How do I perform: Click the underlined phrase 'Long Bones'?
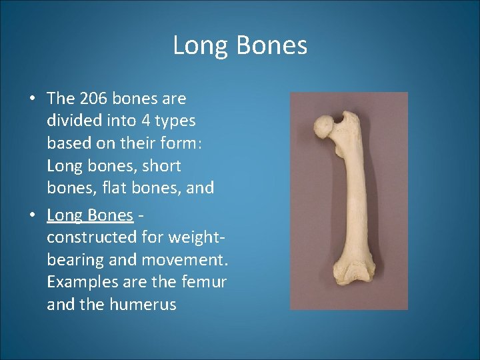pos(90,215)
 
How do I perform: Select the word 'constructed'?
pos(91,237)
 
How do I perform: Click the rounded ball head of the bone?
pos(323,127)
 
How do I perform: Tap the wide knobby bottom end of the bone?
pos(350,280)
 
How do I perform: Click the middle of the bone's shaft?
pos(352,200)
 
